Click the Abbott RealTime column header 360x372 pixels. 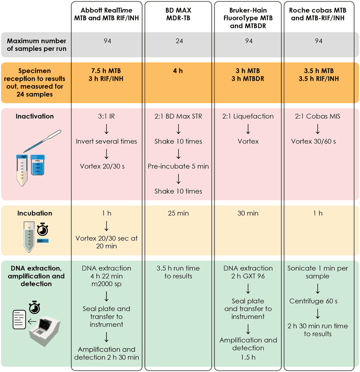tap(107, 14)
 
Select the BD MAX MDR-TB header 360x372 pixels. tap(178, 14)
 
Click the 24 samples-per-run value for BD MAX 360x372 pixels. tap(179, 41)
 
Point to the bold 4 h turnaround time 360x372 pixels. tap(178, 71)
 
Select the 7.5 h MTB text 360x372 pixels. tap(107, 71)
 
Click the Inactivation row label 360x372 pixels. tap(35, 116)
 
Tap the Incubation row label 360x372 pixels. tap(35, 213)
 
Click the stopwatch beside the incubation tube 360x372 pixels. tap(43, 230)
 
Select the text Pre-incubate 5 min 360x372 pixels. tap(178, 166)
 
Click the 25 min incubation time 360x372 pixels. tap(178, 213)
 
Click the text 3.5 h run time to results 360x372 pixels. tap(178, 272)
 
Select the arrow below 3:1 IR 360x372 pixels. tap(107, 129)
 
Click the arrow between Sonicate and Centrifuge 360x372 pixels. tap(317, 289)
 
